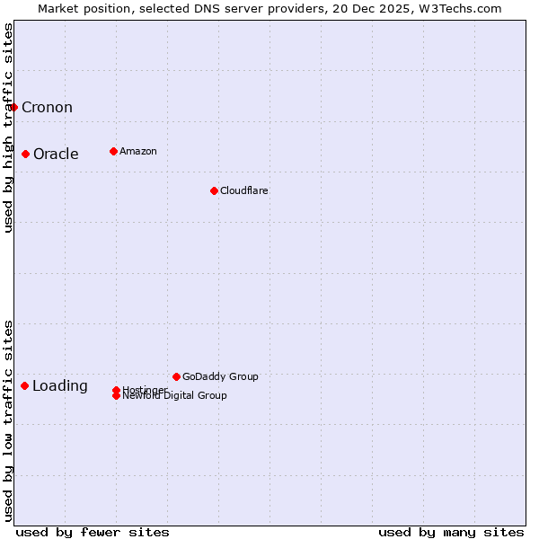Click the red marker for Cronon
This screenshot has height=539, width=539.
[13, 108]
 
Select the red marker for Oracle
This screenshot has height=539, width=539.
[26, 154]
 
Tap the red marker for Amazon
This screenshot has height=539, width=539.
[113, 151]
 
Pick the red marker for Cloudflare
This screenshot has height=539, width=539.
[214, 190]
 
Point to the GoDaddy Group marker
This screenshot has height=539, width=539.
[176, 376]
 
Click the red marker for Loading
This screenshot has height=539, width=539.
[24, 385]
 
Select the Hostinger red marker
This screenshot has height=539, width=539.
[117, 390]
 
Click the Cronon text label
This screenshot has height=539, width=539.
[47, 108]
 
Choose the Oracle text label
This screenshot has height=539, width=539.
[56, 154]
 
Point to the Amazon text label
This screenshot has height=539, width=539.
[138, 151]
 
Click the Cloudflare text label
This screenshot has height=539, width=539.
[244, 190]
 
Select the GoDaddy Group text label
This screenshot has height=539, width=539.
[220, 376]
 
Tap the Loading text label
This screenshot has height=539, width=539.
[60, 386]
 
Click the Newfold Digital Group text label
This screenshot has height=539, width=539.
[175, 396]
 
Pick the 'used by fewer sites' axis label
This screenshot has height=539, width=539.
[93, 532]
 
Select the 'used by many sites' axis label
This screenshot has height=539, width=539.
[451, 532]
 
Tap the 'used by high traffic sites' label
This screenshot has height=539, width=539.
[8, 128]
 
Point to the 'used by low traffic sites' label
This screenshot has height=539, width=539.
[8, 420]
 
